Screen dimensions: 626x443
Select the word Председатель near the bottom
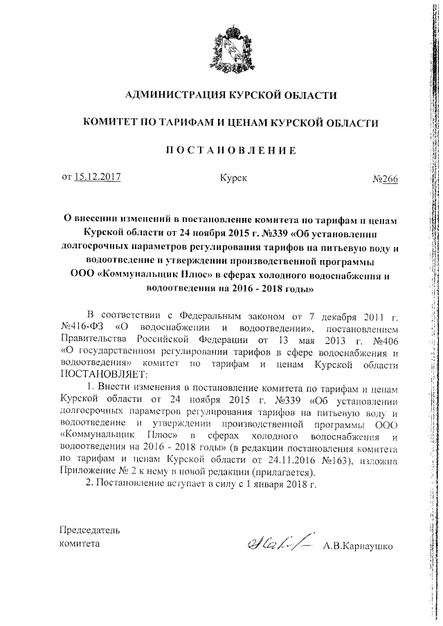click(90, 531)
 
